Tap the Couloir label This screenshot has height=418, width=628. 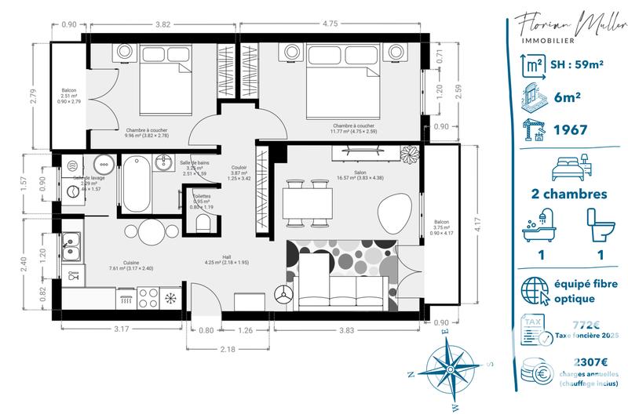(239, 167)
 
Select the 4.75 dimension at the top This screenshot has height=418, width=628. (329, 24)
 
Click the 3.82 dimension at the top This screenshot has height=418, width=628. (162, 24)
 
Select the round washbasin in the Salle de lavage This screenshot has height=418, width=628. (103, 164)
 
